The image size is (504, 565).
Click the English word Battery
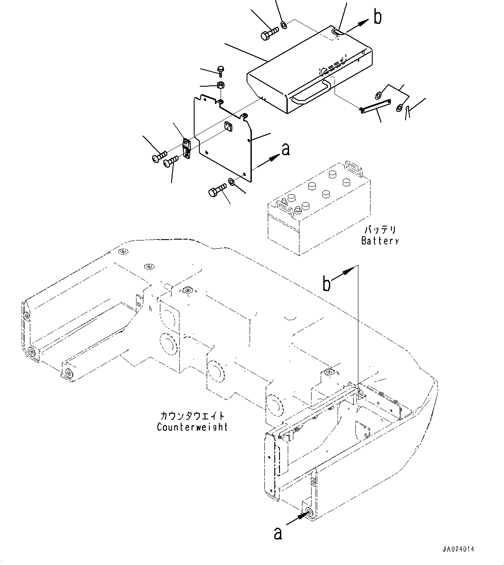click(x=380, y=240)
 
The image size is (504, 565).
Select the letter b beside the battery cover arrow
click(x=377, y=17)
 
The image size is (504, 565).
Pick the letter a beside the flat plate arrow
click(x=286, y=149)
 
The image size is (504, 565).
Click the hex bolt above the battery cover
click(x=270, y=33)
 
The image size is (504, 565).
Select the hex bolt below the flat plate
click(x=218, y=190)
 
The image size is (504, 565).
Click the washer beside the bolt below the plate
click(x=231, y=182)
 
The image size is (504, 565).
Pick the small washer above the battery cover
click(x=284, y=25)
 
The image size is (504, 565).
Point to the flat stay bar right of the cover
click(x=375, y=107)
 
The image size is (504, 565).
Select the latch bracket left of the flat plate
click(x=186, y=148)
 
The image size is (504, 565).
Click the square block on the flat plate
click(x=229, y=127)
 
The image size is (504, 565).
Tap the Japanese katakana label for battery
click(x=380, y=230)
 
